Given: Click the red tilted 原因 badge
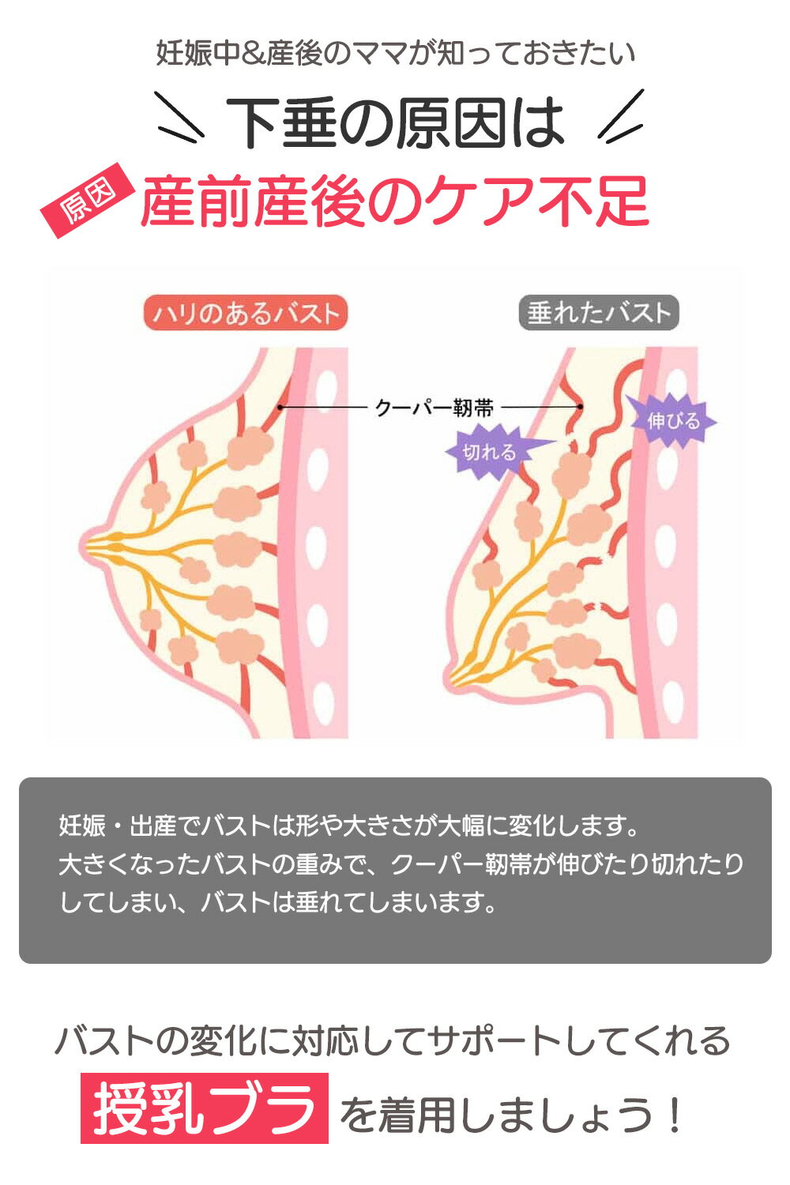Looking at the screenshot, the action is (86, 200).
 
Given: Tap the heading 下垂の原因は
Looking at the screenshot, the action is (396, 122).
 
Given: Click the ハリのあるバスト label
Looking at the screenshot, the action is (246, 313).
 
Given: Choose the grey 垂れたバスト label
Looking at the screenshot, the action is (599, 313).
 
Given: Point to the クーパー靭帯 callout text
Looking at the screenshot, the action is (434, 408).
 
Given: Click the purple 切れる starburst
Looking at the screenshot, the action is (495, 453).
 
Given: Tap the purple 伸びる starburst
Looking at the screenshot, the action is (671, 421).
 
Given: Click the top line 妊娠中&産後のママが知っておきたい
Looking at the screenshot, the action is (396, 53).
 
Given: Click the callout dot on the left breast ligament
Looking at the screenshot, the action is (280, 408).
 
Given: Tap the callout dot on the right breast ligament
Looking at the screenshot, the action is (581, 407).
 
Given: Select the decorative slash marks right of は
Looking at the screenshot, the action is (621, 116).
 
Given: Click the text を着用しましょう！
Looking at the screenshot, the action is (510, 1114).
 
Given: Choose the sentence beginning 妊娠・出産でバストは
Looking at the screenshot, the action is (349, 826).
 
